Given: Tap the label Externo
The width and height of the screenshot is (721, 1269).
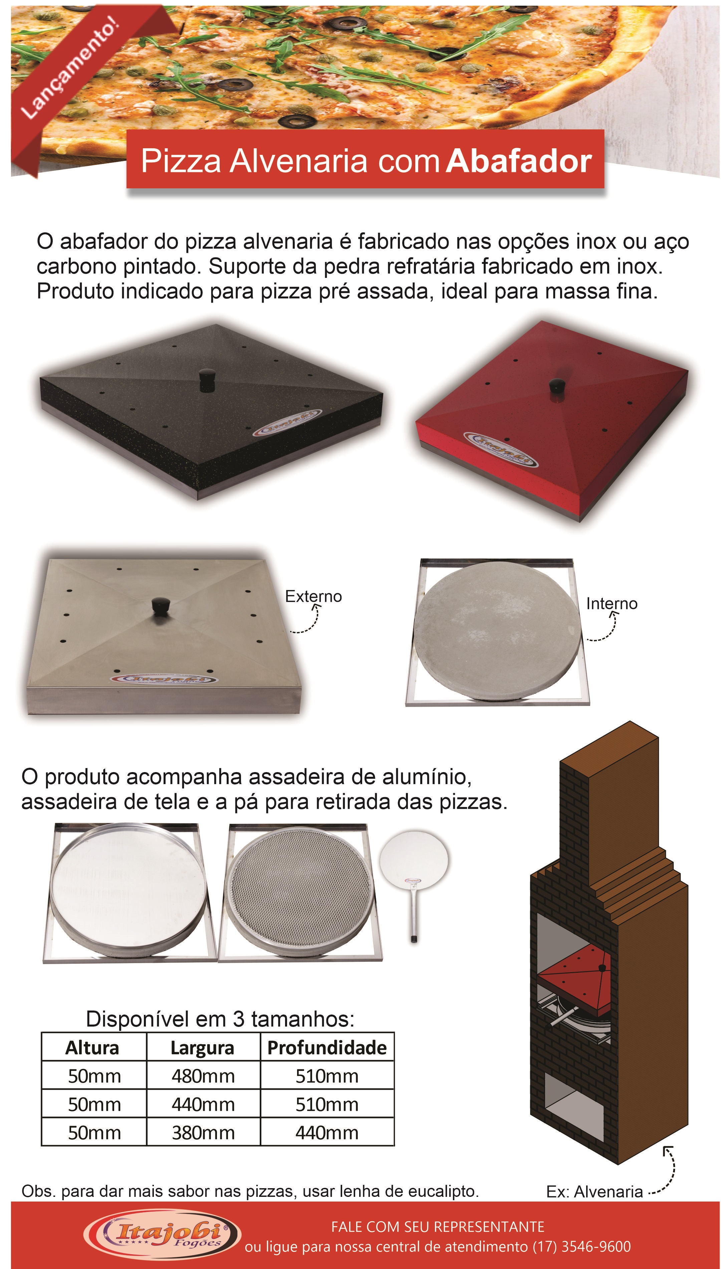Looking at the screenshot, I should pos(313,596).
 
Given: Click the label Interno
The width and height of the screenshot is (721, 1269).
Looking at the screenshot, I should pos(612,604).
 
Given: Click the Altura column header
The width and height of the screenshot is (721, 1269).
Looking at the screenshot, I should pos(92,1048).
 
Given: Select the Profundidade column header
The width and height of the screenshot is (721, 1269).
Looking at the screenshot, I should pos(327,1048).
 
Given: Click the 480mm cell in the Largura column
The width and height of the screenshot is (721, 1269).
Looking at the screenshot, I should pos(203,1076).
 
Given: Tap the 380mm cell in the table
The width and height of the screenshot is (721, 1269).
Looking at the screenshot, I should pos(203,1133).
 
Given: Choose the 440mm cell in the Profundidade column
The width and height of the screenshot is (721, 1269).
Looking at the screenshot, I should pos(327,1133).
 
